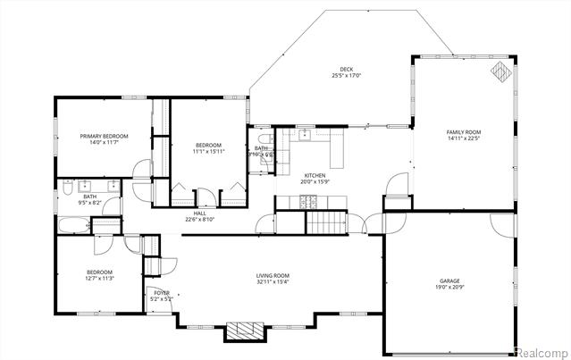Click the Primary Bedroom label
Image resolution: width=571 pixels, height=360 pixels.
[x=104, y=136]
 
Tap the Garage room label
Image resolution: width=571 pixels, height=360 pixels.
[x=449, y=280]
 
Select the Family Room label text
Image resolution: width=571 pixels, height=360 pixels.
[x=464, y=132]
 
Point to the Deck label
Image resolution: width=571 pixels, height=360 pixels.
[x=346, y=69]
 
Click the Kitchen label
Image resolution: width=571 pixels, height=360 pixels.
[x=315, y=175]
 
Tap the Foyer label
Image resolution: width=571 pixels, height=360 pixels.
[x=161, y=292]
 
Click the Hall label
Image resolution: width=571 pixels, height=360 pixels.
[x=199, y=213]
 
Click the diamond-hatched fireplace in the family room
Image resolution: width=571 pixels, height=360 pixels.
[x=502, y=71]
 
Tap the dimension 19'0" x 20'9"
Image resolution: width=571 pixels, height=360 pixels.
[x=449, y=287]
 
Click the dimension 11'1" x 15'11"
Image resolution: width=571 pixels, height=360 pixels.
[x=208, y=151]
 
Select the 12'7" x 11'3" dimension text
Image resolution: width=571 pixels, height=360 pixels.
[x=99, y=279]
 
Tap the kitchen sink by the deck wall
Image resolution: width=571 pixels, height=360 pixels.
[x=305, y=135]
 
